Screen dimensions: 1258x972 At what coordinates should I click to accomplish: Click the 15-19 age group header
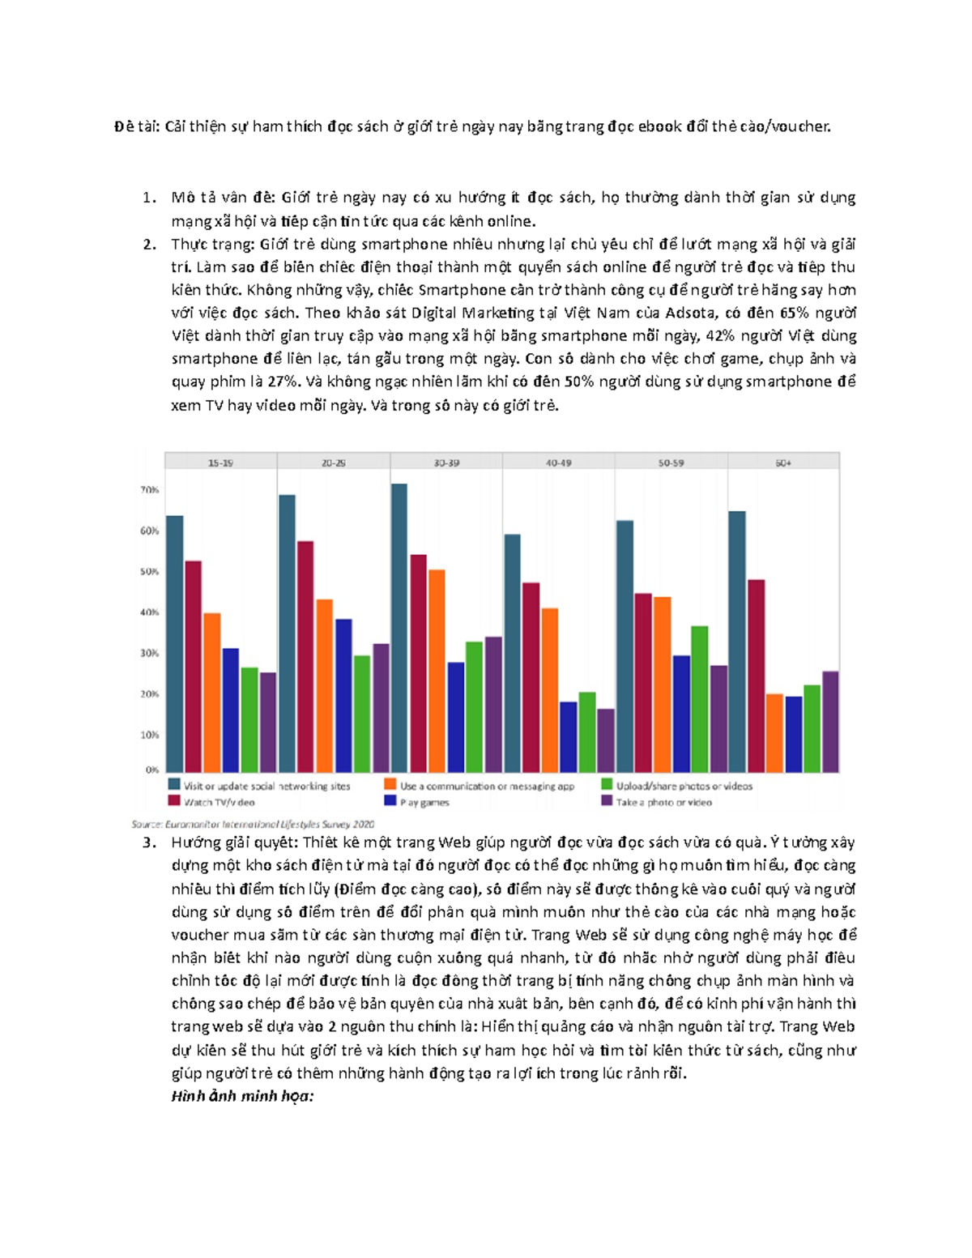point(220,463)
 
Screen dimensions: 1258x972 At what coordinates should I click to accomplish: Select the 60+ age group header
point(783,463)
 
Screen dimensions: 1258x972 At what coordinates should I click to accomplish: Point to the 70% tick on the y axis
point(150,490)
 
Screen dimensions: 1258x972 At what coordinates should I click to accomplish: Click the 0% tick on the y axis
point(152,770)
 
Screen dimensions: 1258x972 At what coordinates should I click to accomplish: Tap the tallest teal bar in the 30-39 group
point(399,628)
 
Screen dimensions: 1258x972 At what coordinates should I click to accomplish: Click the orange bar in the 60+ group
point(774,732)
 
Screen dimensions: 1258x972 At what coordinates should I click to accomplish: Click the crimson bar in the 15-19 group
point(194,666)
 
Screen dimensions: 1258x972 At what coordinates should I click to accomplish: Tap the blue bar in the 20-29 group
point(343,695)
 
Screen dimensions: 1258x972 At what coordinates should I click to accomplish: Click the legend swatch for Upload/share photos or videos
point(607,785)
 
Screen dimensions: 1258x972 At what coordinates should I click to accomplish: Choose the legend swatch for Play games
point(390,801)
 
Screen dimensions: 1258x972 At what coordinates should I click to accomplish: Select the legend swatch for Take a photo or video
point(607,801)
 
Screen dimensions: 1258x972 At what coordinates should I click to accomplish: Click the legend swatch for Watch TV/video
point(174,801)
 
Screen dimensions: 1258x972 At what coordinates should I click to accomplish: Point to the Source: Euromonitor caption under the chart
point(253,824)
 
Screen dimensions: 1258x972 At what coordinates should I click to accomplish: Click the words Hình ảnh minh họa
point(242,1096)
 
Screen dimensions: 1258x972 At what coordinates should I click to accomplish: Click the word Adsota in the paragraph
point(691,313)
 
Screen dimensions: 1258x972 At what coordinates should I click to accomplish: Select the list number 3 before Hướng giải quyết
point(148,842)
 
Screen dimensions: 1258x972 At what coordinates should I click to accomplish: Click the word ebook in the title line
point(660,126)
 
